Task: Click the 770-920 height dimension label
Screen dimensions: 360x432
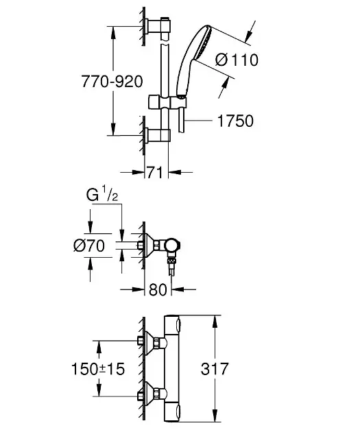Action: click(112, 82)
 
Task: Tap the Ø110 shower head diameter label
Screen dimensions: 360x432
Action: click(237, 60)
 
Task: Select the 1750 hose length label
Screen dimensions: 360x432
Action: click(235, 121)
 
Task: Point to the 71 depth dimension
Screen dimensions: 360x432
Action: click(155, 173)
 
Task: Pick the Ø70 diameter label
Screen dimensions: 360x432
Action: click(89, 245)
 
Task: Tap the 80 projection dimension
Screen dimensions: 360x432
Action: click(158, 289)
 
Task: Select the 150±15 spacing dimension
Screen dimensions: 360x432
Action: click(98, 369)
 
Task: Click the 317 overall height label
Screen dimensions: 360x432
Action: click(215, 369)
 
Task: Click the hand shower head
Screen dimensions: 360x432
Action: click(193, 60)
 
